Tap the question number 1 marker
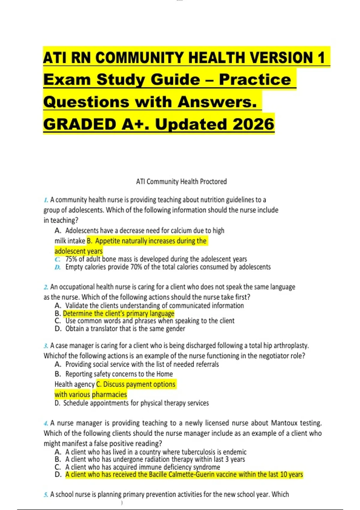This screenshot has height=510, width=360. point(46,200)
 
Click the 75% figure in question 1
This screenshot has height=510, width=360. point(71,259)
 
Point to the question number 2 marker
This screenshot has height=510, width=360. point(46,287)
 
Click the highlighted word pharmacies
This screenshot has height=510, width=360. point(109,394)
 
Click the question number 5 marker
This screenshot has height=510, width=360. point(46,494)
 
